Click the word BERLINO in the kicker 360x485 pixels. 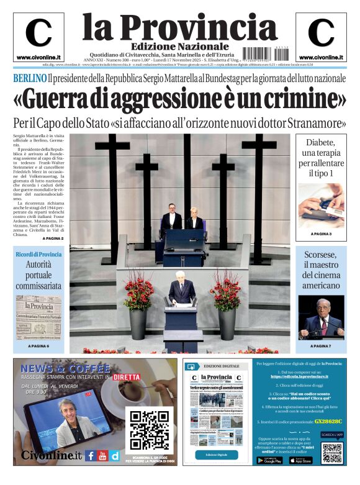30,79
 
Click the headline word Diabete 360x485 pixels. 321,142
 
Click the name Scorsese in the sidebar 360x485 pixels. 321,255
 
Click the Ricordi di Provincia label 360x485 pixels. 38,255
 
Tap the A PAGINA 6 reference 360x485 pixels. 38,345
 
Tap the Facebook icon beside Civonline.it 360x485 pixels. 91,455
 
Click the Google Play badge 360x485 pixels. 268,460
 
